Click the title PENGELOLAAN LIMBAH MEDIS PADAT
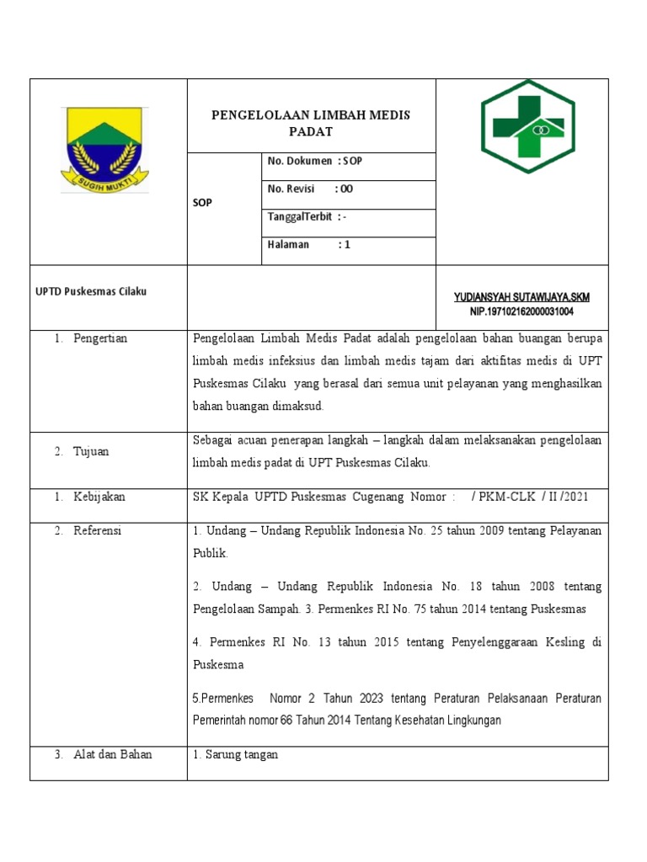click(311, 123)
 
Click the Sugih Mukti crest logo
click(104, 150)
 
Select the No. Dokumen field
click(314, 161)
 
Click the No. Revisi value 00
click(346, 189)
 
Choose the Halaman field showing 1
click(308, 245)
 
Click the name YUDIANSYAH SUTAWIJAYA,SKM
click(521, 298)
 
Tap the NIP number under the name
click(521, 311)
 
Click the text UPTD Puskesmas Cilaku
click(91, 291)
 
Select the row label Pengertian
click(99, 338)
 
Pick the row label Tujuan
click(91, 451)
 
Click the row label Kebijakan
click(99, 497)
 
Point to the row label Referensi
click(98, 530)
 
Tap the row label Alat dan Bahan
click(113, 754)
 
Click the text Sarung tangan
click(235, 754)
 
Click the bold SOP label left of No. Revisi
click(203, 203)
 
